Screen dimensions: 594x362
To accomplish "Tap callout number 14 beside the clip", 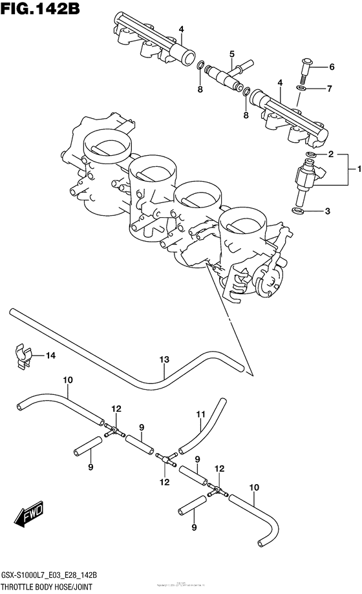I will coord(50,355).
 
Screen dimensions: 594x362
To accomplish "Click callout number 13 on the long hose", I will coord(164,359).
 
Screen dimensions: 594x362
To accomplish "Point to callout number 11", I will coord(200,413).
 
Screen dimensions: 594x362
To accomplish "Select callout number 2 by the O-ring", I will coord(330,154).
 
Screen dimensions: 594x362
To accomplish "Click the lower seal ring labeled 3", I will coord(299,211).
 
